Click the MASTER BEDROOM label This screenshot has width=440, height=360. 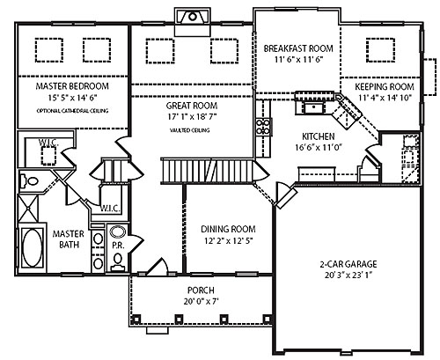pos(72,88)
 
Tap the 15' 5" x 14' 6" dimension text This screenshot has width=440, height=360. pos(72,99)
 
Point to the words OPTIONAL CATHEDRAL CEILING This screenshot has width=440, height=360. pos(72,111)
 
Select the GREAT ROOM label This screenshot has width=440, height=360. pos(190,104)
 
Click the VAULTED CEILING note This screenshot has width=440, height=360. pos(190,129)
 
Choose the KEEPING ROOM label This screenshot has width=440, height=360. pos(384,88)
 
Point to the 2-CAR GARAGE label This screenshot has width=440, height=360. pos(350,261)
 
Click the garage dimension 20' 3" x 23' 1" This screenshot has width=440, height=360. pos(350,273)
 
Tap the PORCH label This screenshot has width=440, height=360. pos(200,290)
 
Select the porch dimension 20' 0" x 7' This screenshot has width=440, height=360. pos(200,301)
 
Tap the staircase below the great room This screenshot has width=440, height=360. pos(207,169)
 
